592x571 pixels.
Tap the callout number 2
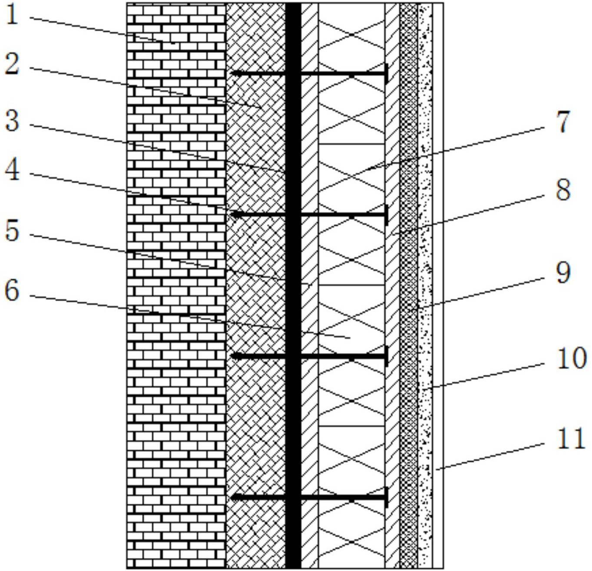[12, 65]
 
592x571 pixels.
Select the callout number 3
[12, 120]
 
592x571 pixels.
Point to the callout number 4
[12, 171]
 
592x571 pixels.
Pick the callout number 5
[12, 230]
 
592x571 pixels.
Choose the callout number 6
[12, 290]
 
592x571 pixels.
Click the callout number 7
[563, 122]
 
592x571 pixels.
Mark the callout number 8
[563, 190]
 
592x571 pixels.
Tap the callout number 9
[563, 273]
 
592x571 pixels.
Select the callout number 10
[572, 359]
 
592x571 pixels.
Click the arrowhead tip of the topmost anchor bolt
[232, 73]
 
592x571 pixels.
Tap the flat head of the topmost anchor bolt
[386, 73]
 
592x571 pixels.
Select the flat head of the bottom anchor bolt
[386, 497]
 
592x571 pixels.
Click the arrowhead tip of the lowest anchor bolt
[232, 497]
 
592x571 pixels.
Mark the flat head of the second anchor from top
[386, 215]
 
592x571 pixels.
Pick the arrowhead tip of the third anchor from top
[232, 356]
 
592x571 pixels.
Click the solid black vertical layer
[293, 282]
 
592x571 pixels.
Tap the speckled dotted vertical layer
[425, 282]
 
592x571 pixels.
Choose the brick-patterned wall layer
[176, 282]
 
